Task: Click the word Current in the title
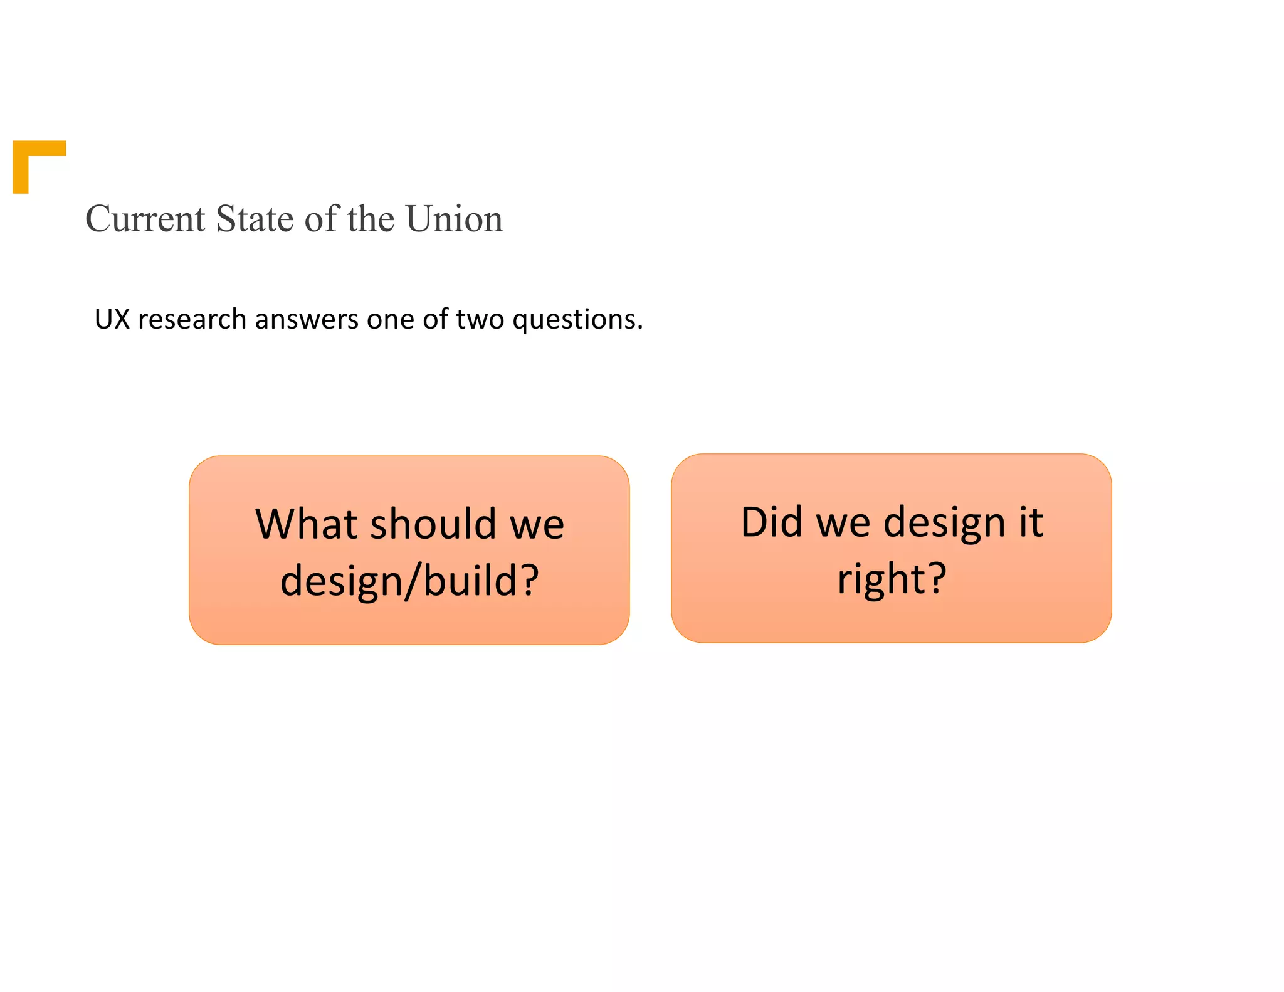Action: (x=145, y=219)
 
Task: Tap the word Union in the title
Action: (x=454, y=219)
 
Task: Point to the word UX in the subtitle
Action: (x=112, y=319)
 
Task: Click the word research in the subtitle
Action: (x=192, y=319)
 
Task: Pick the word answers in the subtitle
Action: (x=307, y=319)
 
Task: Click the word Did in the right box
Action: (x=771, y=522)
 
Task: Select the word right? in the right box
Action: (x=892, y=579)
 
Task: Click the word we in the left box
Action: (x=537, y=525)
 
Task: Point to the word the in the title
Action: (x=371, y=219)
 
